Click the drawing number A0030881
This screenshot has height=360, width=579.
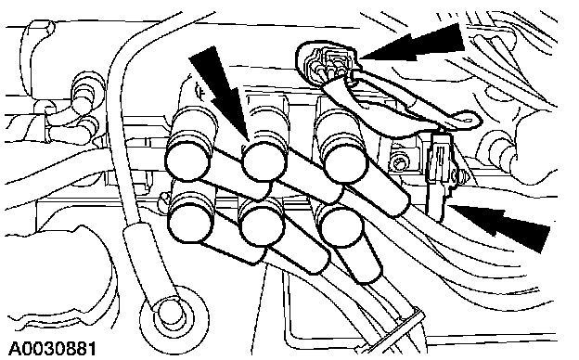coord(53,349)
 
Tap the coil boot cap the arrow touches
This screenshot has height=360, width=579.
coord(264,161)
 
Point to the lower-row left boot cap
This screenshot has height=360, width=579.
coord(191,221)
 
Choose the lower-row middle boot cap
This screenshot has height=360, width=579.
coord(263,226)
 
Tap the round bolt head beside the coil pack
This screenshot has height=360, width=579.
coord(399,162)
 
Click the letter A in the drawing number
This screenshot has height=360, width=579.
coord(15,349)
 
